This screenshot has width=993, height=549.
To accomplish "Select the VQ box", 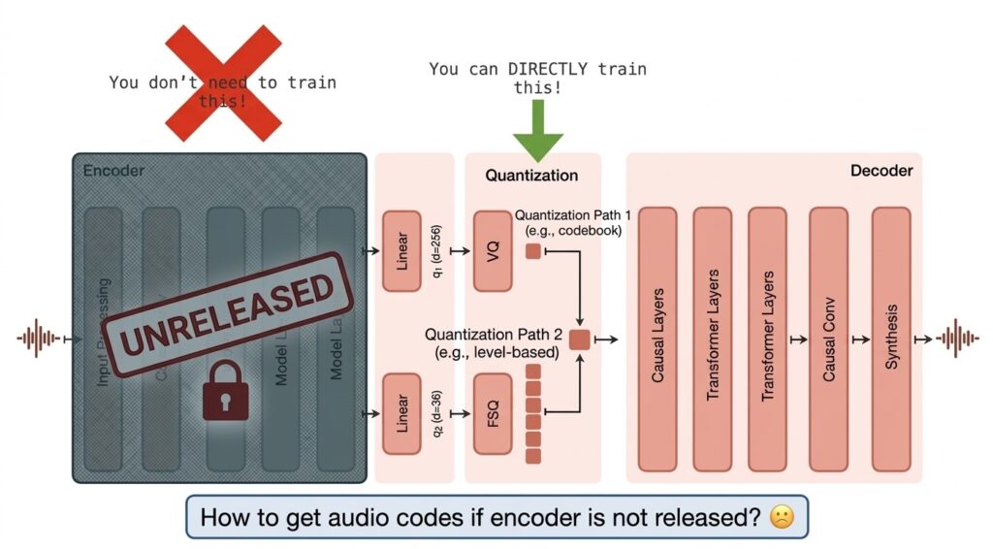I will pos(493,251).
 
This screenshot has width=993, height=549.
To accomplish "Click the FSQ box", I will pos(493,414).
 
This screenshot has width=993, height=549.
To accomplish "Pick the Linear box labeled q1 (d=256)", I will pos(402,251).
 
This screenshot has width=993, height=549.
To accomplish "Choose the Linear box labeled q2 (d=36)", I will pos(402,414).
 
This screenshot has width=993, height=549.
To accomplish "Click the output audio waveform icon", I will pos(958,339).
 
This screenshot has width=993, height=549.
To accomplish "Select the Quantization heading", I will pos(531,176).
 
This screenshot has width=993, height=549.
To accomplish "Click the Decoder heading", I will pos(881,171).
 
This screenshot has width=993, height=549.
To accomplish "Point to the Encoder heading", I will pos(113,172).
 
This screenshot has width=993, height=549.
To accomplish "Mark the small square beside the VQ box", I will pos(532,252).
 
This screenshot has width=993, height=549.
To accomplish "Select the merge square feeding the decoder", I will pos(580,339).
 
